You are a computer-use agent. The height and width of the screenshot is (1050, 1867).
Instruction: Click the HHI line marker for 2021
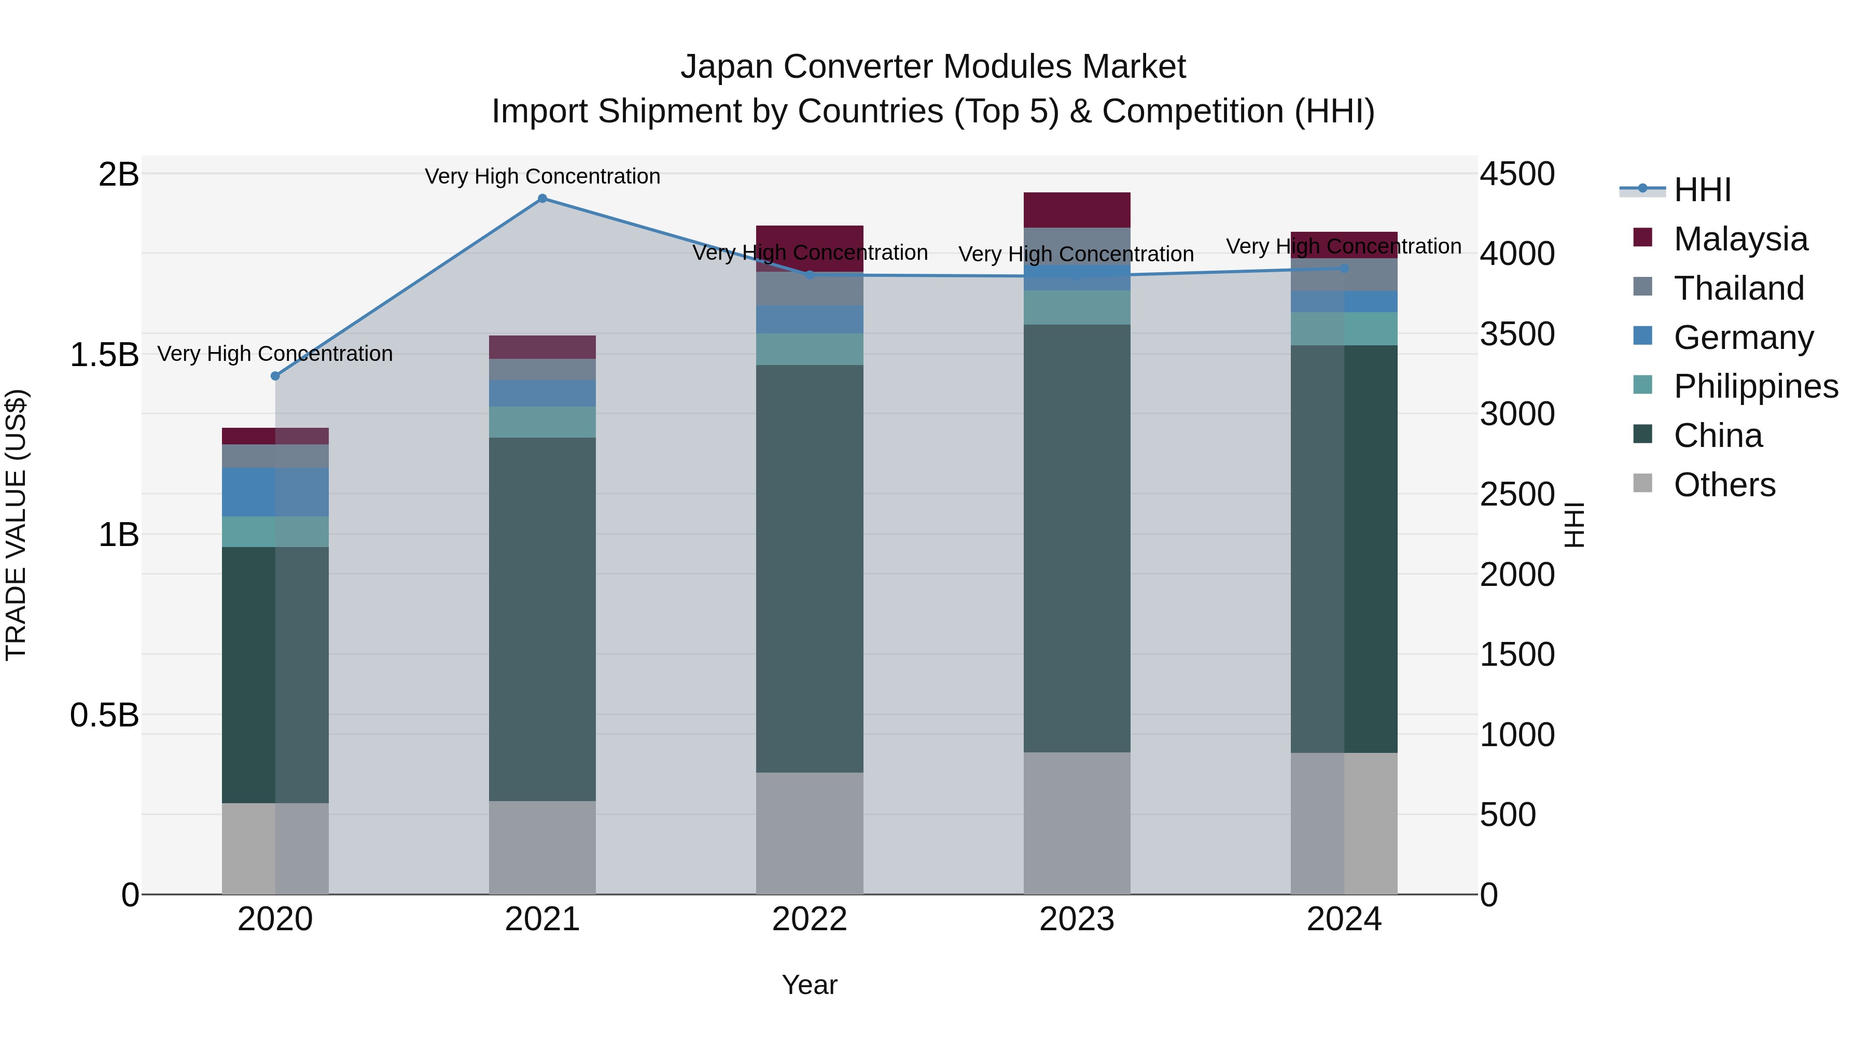(542, 199)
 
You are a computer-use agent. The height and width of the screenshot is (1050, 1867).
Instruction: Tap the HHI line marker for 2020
(275, 375)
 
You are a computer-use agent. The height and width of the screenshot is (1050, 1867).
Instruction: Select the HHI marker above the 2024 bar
(1344, 268)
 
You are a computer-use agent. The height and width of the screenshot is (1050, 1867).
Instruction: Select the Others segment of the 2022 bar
(810, 833)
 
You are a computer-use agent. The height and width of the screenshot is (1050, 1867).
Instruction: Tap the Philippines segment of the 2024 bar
(1344, 328)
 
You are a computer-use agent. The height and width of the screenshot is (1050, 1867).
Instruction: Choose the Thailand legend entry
(1738, 288)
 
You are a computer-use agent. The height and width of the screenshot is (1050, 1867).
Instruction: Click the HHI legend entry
(1702, 190)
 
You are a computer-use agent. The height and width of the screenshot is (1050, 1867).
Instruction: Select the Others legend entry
(1723, 485)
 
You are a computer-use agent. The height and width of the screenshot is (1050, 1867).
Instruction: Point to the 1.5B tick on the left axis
(104, 355)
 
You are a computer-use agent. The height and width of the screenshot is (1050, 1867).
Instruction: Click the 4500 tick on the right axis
(1516, 175)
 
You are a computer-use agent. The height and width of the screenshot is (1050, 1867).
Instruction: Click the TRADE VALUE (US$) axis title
(16, 525)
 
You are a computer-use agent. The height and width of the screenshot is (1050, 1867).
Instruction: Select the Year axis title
(810, 985)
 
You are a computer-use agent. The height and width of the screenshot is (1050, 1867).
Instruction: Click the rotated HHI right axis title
(1574, 525)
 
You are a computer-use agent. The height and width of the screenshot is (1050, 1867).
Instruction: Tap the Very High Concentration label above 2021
(542, 176)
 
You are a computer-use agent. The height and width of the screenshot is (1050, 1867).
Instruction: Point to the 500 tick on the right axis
(1508, 815)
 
